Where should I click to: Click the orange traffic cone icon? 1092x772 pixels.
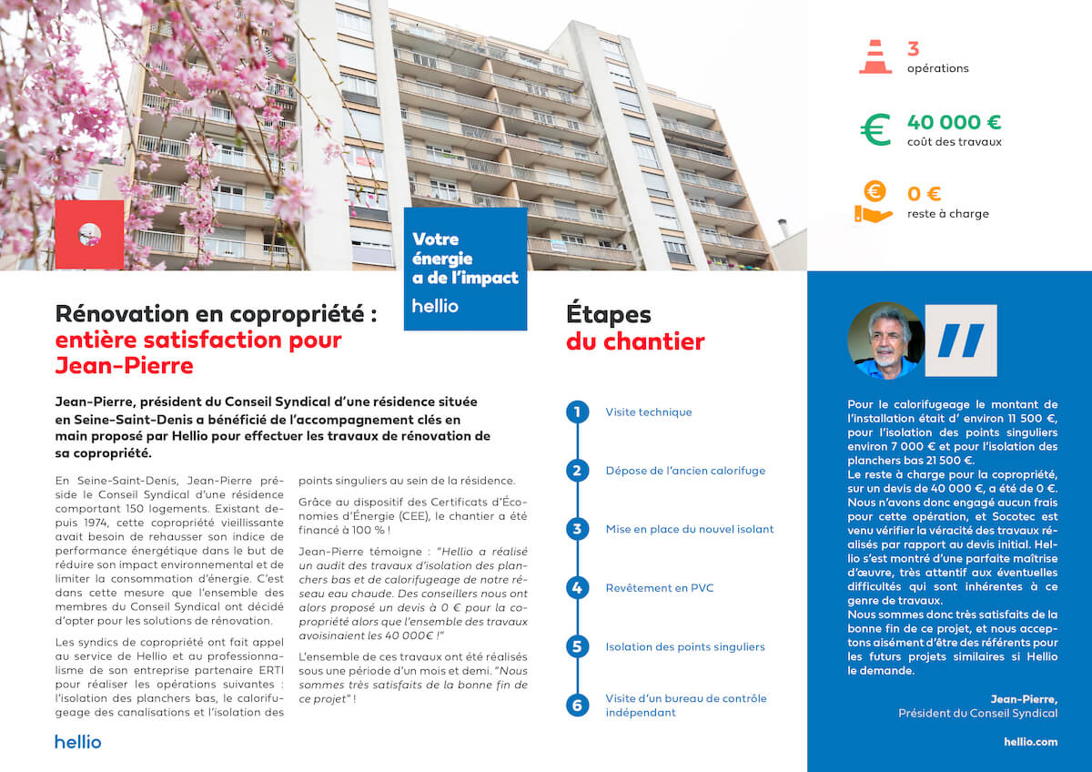click(x=875, y=56)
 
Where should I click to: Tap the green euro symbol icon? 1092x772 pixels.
click(x=875, y=129)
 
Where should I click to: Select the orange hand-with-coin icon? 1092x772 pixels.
click(x=873, y=202)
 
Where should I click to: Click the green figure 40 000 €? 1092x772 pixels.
click(x=954, y=122)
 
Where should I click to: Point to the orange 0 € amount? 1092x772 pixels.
click(x=924, y=194)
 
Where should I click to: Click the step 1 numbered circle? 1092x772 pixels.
click(x=577, y=412)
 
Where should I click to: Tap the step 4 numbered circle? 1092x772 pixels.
click(x=577, y=588)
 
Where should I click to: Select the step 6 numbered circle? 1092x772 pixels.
click(x=577, y=705)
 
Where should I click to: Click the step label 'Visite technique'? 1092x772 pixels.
click(x=649, y=412)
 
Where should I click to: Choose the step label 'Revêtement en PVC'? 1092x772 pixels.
click(x=660, y=588)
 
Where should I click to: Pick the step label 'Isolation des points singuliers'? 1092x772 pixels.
click(x=685, y=647)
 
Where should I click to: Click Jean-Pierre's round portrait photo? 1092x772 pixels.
click(x=885, y=340)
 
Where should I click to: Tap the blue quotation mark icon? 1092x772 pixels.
click(x=961, y=340)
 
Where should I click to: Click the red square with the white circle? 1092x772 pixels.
click(x=89, y=234)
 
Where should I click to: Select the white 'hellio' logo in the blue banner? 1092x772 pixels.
click(x=435, y=306)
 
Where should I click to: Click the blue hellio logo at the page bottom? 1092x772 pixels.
click(x=78, y=742)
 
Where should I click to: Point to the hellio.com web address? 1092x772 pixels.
click(x=1030, y=742)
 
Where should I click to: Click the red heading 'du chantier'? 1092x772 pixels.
click(x=635, y=342)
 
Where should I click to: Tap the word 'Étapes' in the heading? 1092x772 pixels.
click(x=609, y=315)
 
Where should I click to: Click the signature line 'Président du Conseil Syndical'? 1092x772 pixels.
click(x=977, y=714)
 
